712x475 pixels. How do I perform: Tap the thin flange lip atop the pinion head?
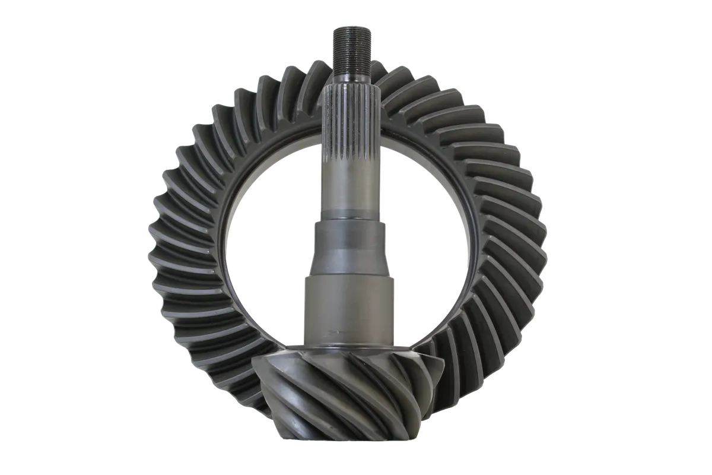(350, 351)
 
